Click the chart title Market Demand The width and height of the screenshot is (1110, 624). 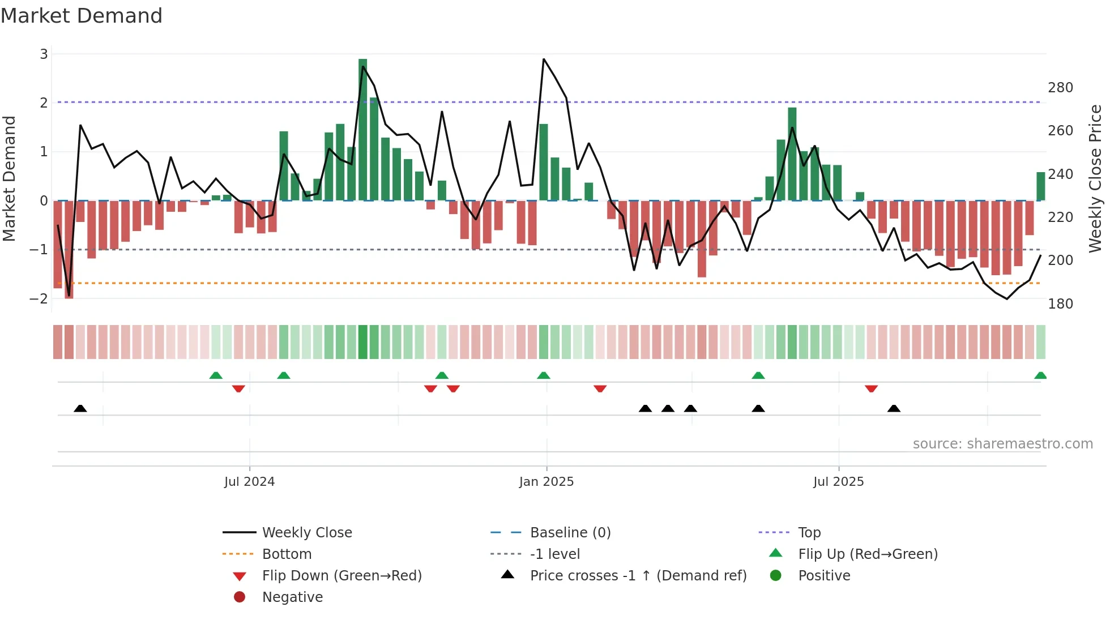click(82, 16)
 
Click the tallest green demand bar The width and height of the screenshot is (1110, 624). click(363, 130)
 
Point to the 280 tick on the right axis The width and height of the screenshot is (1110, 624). click(1060, 88)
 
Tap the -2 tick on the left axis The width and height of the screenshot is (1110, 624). click(39, 298)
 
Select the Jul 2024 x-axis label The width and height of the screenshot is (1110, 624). click(249, 482)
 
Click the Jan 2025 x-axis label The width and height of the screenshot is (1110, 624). click(547, 482)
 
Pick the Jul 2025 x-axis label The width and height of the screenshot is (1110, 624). click(838, 482)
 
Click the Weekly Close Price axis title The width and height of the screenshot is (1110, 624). click(1095, 178)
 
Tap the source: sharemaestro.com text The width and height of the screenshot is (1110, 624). click(1002, 444)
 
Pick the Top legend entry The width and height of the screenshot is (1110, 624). click(809, 533)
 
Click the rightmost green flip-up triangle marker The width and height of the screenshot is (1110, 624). click(1040, 375)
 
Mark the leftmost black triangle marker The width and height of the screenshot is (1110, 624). click(80, 408)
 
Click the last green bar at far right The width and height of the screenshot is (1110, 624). click(1040, 187)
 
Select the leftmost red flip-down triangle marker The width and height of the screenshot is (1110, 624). click(238, 388)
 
